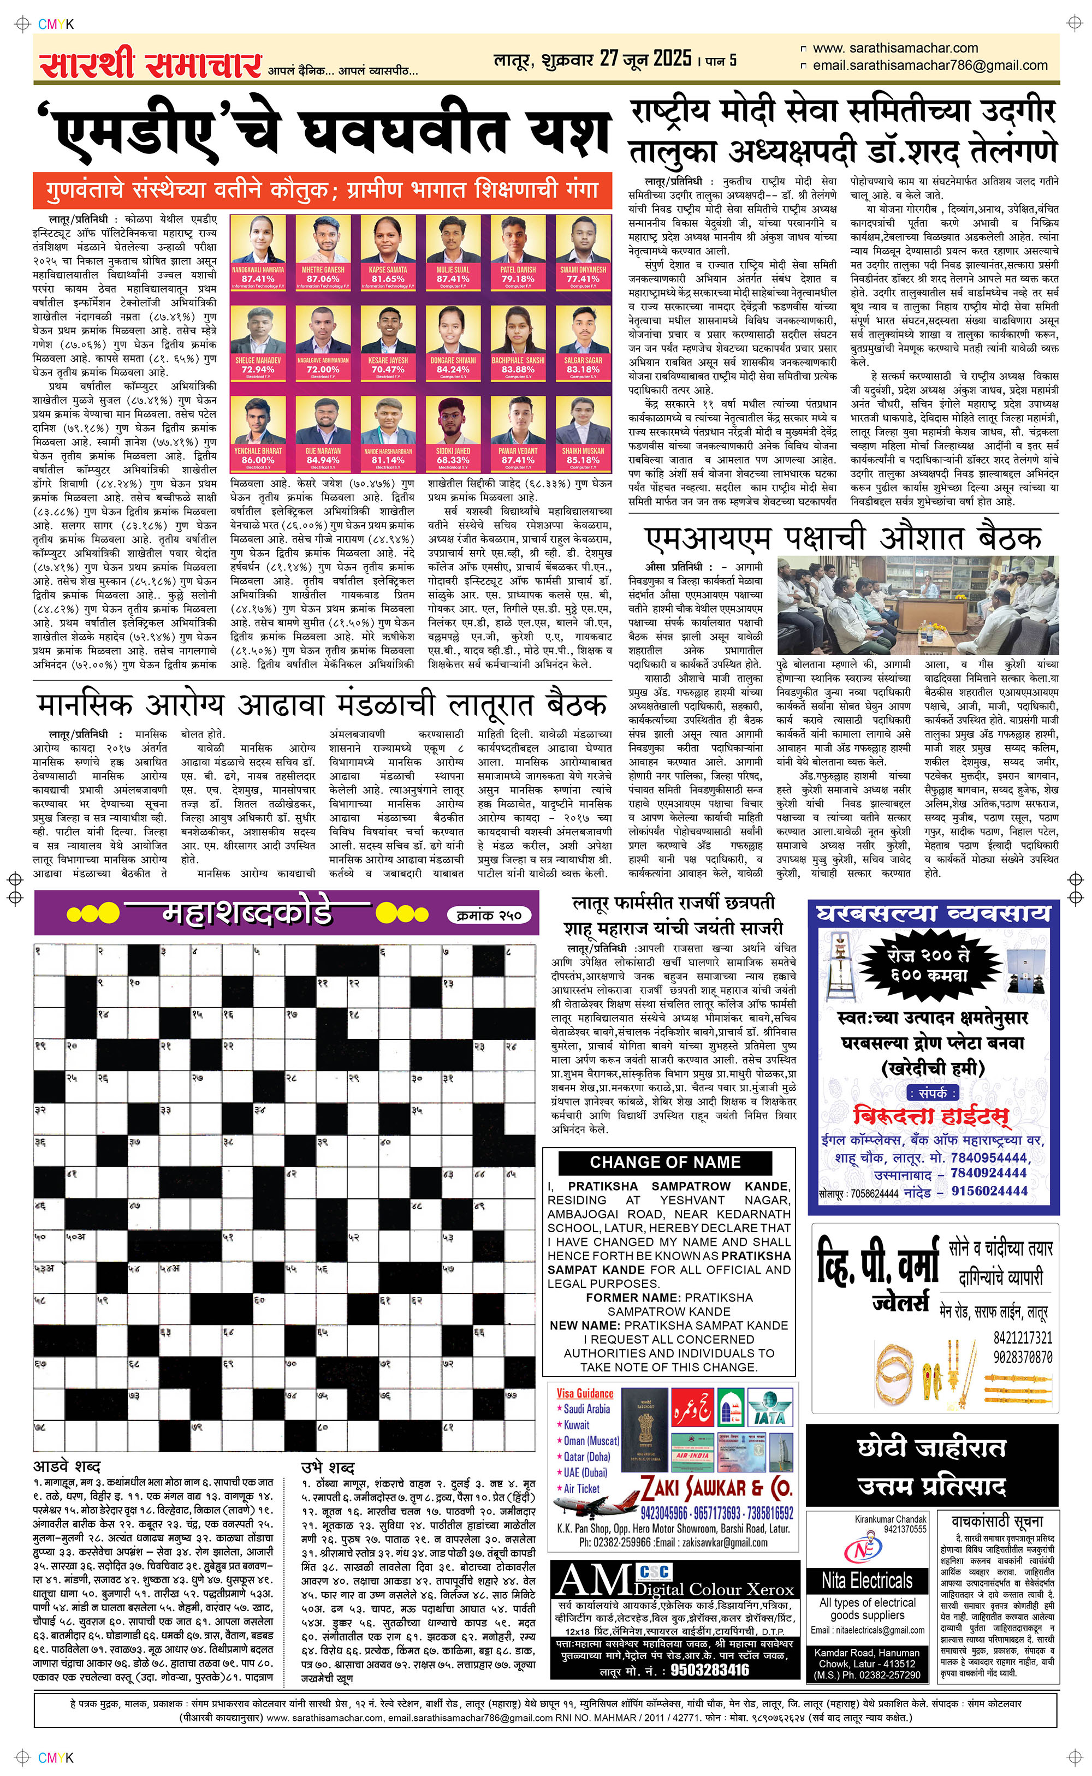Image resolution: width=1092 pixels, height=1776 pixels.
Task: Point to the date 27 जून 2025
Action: click(x=645, y=58)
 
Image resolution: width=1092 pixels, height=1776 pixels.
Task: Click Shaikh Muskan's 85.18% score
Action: click(x=583, y=459)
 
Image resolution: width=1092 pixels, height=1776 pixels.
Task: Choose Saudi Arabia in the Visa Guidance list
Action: click(x=586, y=1409)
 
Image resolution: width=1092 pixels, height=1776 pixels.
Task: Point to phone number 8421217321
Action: click(x=1022, y=1337)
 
